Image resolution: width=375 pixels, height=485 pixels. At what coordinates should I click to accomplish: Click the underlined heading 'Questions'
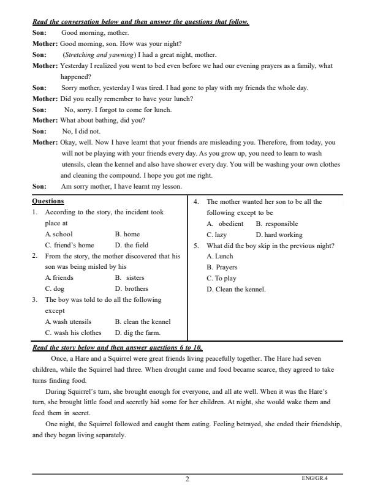[x=48, y=201]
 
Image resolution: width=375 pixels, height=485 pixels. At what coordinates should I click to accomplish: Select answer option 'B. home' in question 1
[x=127, y=234]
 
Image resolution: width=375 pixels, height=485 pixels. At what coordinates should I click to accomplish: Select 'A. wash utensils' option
[x=68, y=321]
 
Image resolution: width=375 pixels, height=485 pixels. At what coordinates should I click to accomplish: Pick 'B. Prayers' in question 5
[x=222, y=267]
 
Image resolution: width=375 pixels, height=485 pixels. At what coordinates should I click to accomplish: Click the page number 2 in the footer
[x=187, y=479]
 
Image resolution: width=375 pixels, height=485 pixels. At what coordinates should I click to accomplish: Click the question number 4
[x=195, y=201]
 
